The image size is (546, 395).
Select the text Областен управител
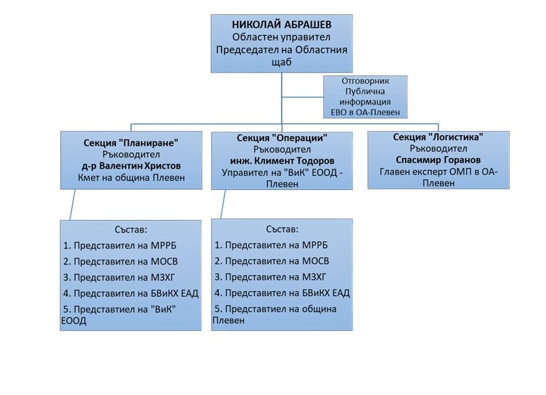tap(283, 36)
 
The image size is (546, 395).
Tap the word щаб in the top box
tap(283, 62)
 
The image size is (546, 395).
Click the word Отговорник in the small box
tap(367, 80)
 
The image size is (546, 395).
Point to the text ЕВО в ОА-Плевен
tap(367, 111)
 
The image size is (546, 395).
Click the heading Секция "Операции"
tap(283, 137)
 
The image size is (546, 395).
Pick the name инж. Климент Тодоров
tap(283, 161)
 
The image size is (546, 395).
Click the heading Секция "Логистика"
tap(438, 137)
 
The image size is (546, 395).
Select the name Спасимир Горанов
tap(438, 159)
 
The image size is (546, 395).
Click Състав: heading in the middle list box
tap(281, 229)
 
